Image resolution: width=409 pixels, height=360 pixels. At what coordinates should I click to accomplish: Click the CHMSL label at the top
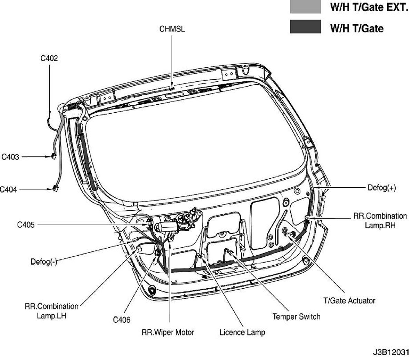coord(172,29)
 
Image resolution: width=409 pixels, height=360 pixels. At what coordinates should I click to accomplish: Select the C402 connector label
coord(49,58)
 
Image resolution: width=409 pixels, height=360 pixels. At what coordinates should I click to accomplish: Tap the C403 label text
coord(10,157)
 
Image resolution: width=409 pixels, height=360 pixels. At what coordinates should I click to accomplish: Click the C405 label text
coord(26,225)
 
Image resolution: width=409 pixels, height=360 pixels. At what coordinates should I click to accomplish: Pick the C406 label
coord(122,320)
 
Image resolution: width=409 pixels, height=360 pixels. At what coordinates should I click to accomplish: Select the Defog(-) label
coord(44,262)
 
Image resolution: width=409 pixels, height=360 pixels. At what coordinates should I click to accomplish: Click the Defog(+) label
coord(381,188)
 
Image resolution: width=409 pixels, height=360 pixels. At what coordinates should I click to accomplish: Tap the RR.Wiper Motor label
coord(168,333)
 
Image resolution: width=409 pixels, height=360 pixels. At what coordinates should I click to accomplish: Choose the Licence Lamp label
coord(242,333)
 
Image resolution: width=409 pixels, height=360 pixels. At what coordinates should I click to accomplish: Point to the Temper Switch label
coord(296,316)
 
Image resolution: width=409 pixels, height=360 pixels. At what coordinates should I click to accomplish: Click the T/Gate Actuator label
coord(349,300)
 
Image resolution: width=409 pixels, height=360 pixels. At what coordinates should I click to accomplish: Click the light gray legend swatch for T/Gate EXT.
coord(305,7)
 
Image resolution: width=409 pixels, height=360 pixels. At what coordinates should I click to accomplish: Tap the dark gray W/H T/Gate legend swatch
coord(305,27)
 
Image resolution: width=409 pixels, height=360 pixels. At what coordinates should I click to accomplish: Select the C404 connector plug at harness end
coord(55,189)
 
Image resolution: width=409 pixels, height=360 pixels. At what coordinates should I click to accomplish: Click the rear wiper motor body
coord(165,227)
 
